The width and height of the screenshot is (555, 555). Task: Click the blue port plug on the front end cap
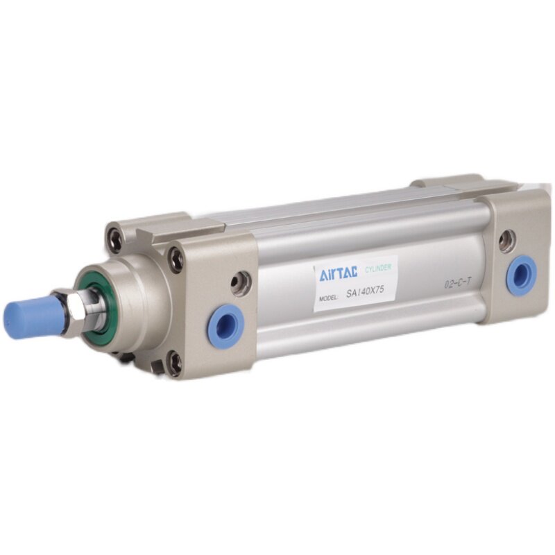(x=227, y=327)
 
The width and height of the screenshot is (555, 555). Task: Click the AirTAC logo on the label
(x=338, y=273)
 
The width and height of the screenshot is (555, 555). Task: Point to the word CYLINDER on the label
(x=378, y=268)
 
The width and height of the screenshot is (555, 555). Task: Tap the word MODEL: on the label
(x=329, y=298)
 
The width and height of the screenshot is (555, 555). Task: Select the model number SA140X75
(x=365, y=291)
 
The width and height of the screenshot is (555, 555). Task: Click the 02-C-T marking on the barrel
(x=458, y=284)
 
